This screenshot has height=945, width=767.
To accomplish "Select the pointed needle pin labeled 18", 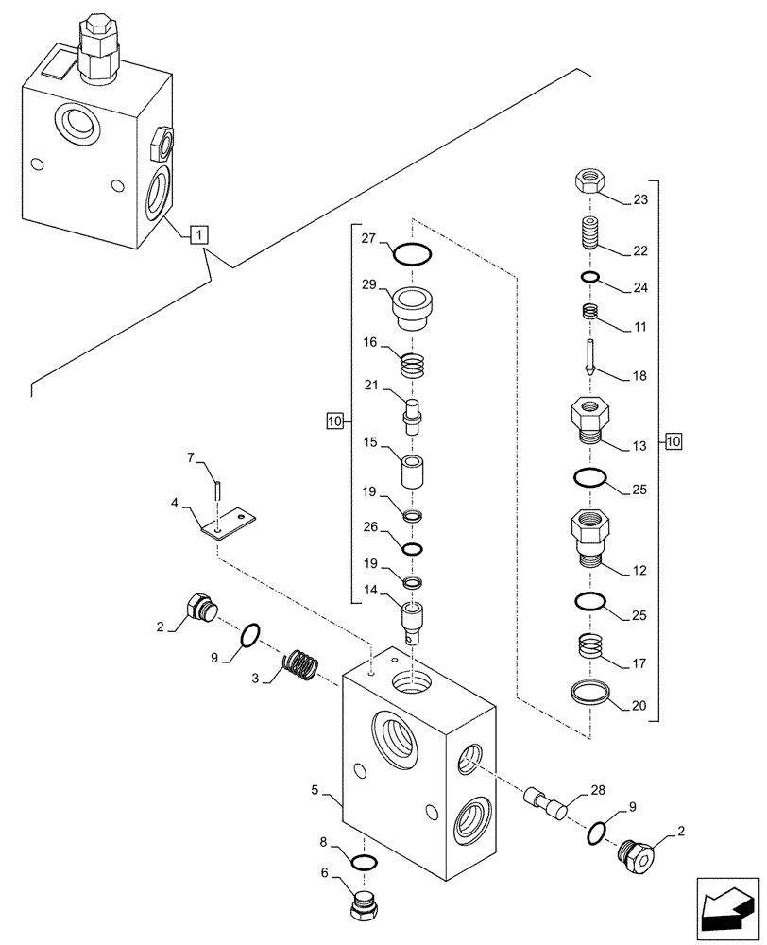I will pos(589,357).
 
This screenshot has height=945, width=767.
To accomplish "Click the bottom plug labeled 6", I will pos(366,909).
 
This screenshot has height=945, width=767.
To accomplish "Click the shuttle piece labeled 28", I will pos(543,800).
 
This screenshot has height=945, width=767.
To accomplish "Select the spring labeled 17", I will pos(590,650).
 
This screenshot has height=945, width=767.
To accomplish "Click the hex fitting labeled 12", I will pos(590,537).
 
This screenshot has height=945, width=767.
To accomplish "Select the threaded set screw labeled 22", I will pos(588,232).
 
